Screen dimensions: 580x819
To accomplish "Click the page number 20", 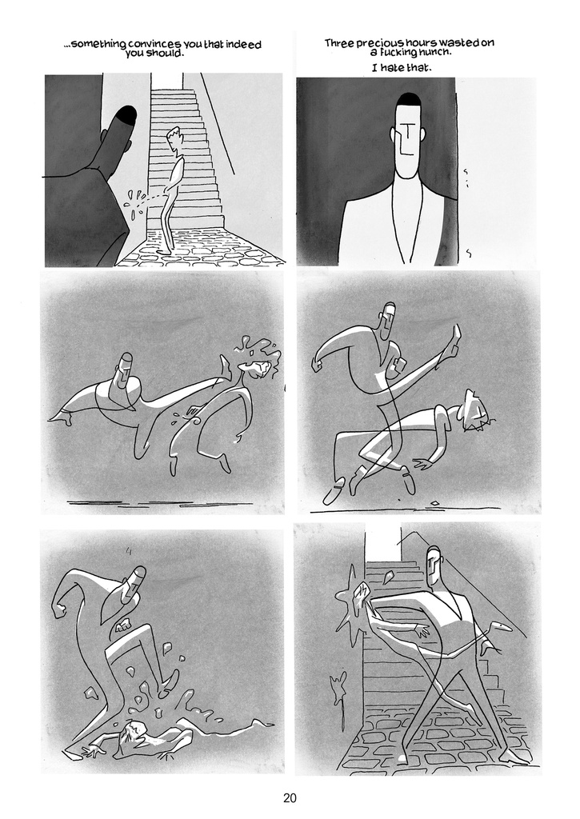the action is tap(290, 797).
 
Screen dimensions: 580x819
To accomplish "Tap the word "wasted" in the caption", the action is tap(458, 43).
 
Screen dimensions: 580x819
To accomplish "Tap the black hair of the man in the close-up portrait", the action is tap(407, 98).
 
